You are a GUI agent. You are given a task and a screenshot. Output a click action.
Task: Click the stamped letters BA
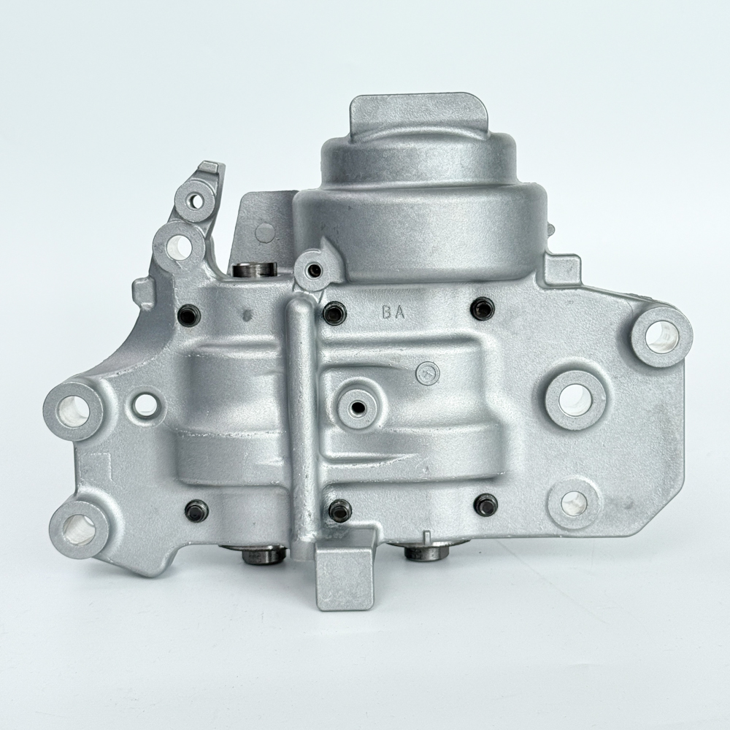point(394,313)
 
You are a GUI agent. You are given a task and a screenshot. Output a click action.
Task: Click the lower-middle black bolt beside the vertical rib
point(340,509)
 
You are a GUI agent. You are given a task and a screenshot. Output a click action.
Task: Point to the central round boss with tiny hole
point(358,407)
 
